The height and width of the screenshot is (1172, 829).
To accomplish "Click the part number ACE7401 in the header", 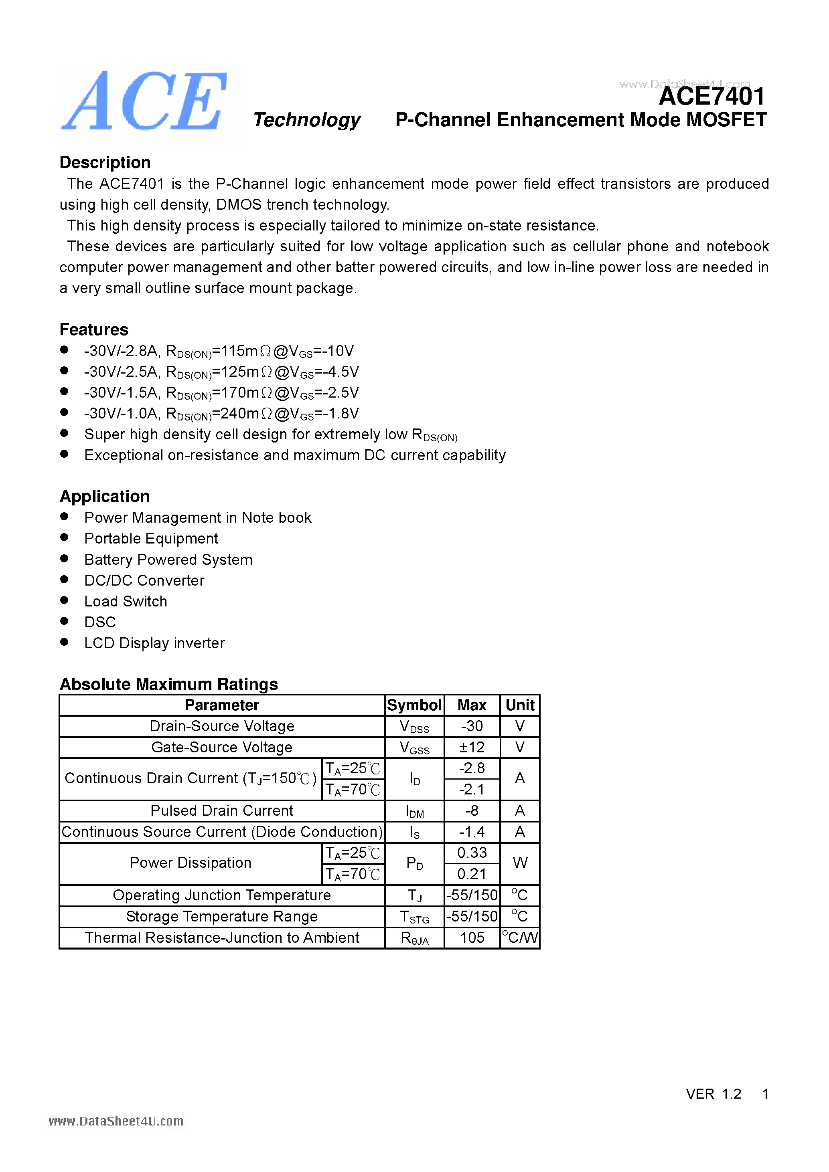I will pyautogui.click(x=711, y=97).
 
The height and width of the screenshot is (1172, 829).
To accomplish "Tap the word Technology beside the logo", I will pyautogui.click(x=306, y=120).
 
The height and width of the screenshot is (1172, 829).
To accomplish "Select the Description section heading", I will pyautogui.click(x=105, y=162).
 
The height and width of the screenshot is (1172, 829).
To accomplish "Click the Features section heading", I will pyautogui.click(x=94, y=330).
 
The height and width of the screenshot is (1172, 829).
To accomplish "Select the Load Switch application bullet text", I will pyautogui.click(x=126, y=601).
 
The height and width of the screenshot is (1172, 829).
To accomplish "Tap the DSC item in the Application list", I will pyautogui.click(x=100, y=622).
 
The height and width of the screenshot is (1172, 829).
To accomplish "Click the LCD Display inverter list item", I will pyautogui.click(x=154, y=643).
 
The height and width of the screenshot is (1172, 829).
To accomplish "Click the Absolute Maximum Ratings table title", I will pyautogui.click(x=168, y=684).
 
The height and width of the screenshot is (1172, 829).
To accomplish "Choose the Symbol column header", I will pyautogui.click(x=414, y=705).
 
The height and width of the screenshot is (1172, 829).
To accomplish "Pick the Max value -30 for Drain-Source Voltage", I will pyautogui.click(x=472, y=726).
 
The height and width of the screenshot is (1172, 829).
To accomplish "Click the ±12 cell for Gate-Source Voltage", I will pyautogui.click(x=472, y=747).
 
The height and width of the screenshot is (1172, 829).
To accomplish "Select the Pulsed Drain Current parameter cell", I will pyautogui.click(x=222, y=810).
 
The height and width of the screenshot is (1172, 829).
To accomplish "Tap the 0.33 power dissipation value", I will pyautogui.click(x=472, y=853).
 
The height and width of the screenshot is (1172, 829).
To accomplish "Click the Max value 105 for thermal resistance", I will pyautogui.click(x=472, y=938).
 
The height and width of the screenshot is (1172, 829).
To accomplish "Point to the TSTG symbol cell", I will pyautogui.click(x=414, y=917).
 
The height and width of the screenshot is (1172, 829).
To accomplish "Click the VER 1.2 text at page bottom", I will pyautogui.click(x=713, y=1094).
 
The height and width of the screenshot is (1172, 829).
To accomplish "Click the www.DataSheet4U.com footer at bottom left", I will pyautogui.click(x=116, y=1121).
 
